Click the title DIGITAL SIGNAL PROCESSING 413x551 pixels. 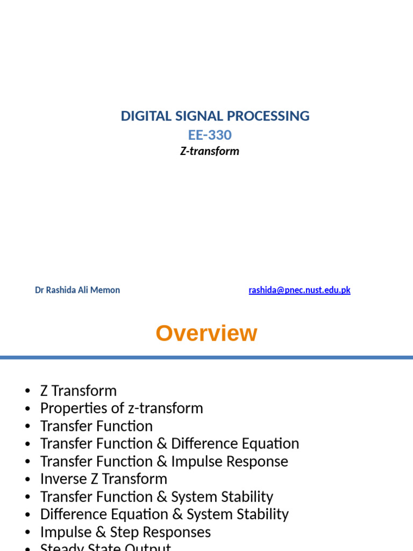tap(215, 116)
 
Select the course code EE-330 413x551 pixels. tap(210, 135)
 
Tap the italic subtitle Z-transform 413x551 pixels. tap(210, 151)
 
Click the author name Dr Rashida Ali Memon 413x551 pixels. tap(77, 290)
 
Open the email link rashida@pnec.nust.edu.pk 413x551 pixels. tap(299, 290)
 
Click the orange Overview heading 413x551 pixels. tap(206, 334)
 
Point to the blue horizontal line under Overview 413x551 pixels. tap(206, 357)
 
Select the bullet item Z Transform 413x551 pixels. tap(79, 391)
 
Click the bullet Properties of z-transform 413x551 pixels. tap(122, 408)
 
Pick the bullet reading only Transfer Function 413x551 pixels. tap(96, 426)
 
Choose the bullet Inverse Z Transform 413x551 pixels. tap(104, 479)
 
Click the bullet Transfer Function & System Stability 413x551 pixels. tap(156, 497)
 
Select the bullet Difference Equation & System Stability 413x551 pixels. tap(164, 514)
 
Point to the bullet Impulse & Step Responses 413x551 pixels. tap(125, 532)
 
